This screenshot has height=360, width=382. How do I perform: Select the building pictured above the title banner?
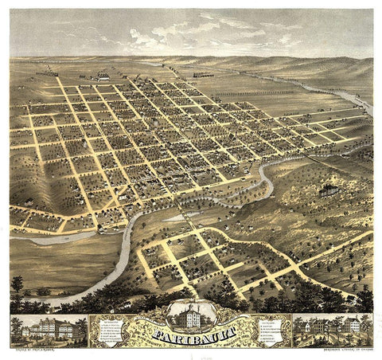point(192,314)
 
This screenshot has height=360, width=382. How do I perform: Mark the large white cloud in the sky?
point(159,36)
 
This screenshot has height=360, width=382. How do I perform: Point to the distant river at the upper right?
point(358,102)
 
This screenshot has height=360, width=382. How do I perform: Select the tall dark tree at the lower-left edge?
point(17,284)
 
